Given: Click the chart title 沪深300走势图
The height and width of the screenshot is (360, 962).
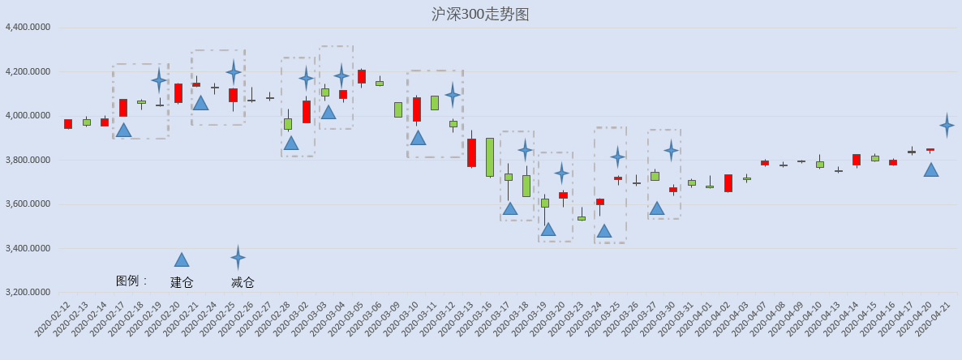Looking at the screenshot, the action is click(480, 14).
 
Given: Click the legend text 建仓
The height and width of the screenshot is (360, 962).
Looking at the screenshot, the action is click(182, 283).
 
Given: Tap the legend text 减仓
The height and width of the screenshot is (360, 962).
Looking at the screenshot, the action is click(243, 283).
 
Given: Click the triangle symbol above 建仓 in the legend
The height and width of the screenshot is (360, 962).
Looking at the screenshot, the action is click(181, 259).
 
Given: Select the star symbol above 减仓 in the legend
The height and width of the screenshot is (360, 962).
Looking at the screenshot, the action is click(238, 257).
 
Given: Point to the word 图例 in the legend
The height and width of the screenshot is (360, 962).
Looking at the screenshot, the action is click(127, 281).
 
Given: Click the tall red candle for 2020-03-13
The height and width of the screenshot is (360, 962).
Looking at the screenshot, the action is click(472, 152).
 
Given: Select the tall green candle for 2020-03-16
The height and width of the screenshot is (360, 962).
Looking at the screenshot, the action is click(490, 157).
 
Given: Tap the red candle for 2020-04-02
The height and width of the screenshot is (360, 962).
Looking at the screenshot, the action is click(728, 183).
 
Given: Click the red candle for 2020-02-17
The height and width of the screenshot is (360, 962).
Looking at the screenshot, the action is click(123, 108).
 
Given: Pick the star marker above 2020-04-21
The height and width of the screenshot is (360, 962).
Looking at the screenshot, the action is click(947, 126).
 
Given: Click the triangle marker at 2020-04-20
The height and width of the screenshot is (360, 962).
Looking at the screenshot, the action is click(930, 170).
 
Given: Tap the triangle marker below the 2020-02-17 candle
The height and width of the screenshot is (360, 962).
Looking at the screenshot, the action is click(123, 130).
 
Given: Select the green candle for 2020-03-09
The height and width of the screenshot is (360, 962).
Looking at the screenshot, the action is click(398, 109).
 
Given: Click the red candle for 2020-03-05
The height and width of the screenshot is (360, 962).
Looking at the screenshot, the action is click(362, 77).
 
